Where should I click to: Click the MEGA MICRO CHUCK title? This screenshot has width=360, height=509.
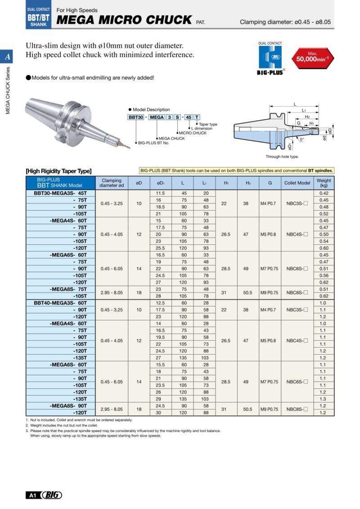124,20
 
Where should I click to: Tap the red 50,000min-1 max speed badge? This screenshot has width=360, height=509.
312,57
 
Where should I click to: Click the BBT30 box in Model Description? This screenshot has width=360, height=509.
136,117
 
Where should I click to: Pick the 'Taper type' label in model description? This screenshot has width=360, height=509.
208,124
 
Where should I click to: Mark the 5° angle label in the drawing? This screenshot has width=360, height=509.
301,139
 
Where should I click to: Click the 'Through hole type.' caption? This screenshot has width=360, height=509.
282,157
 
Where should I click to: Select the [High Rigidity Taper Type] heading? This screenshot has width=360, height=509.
59,171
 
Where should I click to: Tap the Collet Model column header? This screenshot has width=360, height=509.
297,183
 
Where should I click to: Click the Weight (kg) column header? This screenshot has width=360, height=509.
324,183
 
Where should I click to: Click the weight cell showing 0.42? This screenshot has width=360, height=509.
324,193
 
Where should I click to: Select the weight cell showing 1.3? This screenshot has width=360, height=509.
324,399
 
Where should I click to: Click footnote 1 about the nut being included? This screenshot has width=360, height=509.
79,420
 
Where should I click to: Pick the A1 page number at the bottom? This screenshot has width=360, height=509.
32,495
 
